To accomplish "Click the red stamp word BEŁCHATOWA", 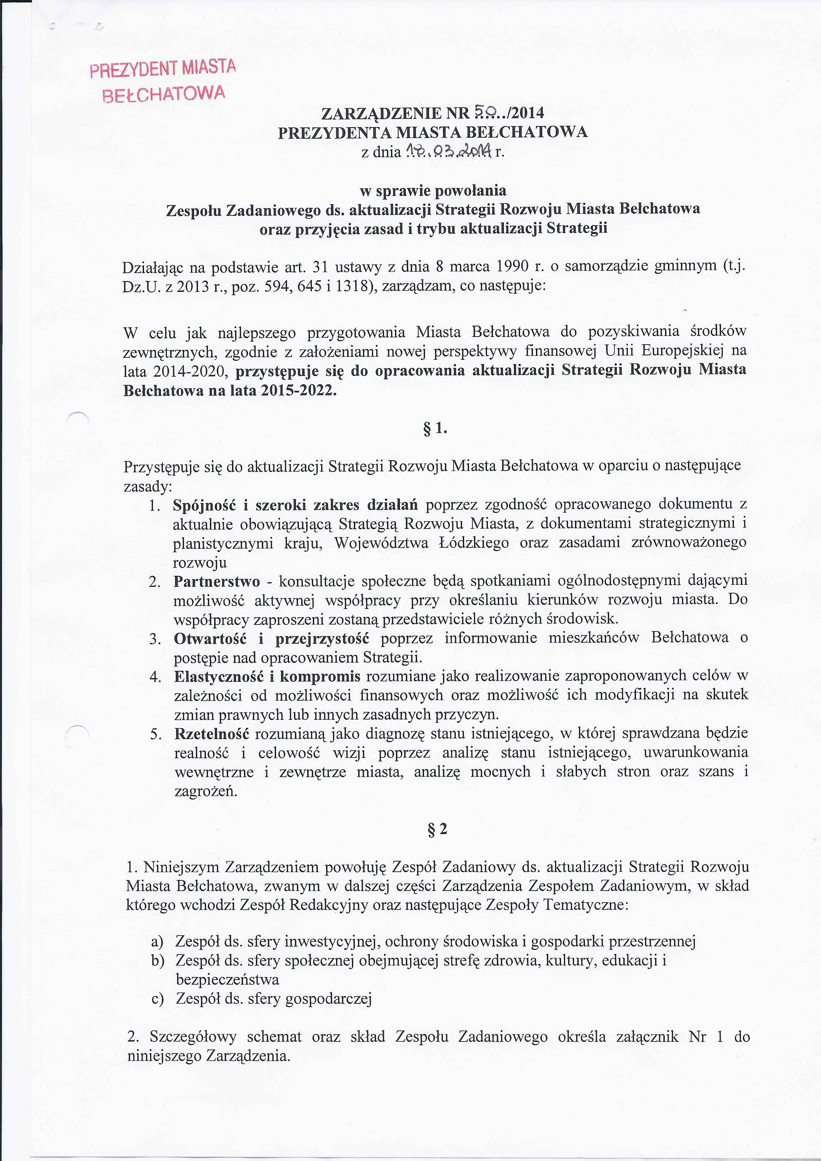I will point(164,94).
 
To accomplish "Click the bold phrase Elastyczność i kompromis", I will point(267,676).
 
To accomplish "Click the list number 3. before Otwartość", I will point(155,639).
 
